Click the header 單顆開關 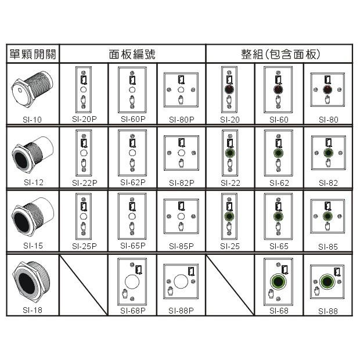pos(33,54)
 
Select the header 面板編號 pos(132,54)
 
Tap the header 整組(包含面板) pos(280,54)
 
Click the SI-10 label pos(32,120)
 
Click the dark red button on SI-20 pos(229,89)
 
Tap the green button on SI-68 pos(278,282)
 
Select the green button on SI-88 pos(327,282)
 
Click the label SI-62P pos(133,182)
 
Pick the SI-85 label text pos(328,247)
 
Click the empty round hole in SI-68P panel pos(132,282)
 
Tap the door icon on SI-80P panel pos(181,80)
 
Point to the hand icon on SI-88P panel pos(170,291)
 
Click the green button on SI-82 pos(328,153)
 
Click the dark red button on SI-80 pos(327,89)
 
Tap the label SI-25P pos(84,246)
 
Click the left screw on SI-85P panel pos(169,216)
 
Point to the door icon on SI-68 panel pos(285,269)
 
